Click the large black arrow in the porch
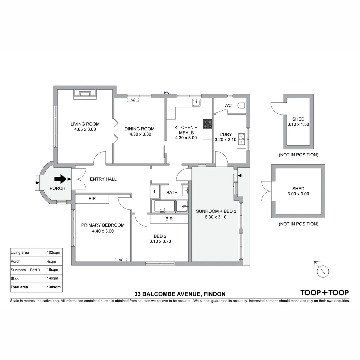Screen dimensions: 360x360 coord(60,179)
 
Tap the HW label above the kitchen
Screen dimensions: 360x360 coord(166,93)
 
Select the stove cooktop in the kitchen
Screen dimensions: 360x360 coord(208,124)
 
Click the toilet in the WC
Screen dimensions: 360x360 coord(242,106)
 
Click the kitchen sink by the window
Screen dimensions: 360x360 coord(196,102)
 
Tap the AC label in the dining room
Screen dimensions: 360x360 coord(133,100)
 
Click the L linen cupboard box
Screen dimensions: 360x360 coord(155,192)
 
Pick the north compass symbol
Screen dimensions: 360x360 coord(322,271)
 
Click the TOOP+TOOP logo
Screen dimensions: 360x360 coord(324,293)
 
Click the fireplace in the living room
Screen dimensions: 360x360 coord(85,94)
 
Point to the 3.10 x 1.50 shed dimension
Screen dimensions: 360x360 coord(298,124)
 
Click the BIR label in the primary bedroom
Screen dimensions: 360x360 coord(92,199)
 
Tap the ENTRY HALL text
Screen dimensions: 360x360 coord(103,179)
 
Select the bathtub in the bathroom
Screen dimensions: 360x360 coord(163,206)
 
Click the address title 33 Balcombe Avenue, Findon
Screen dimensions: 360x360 coord(180,294)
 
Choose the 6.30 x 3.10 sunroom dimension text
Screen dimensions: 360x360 coord(216,217)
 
